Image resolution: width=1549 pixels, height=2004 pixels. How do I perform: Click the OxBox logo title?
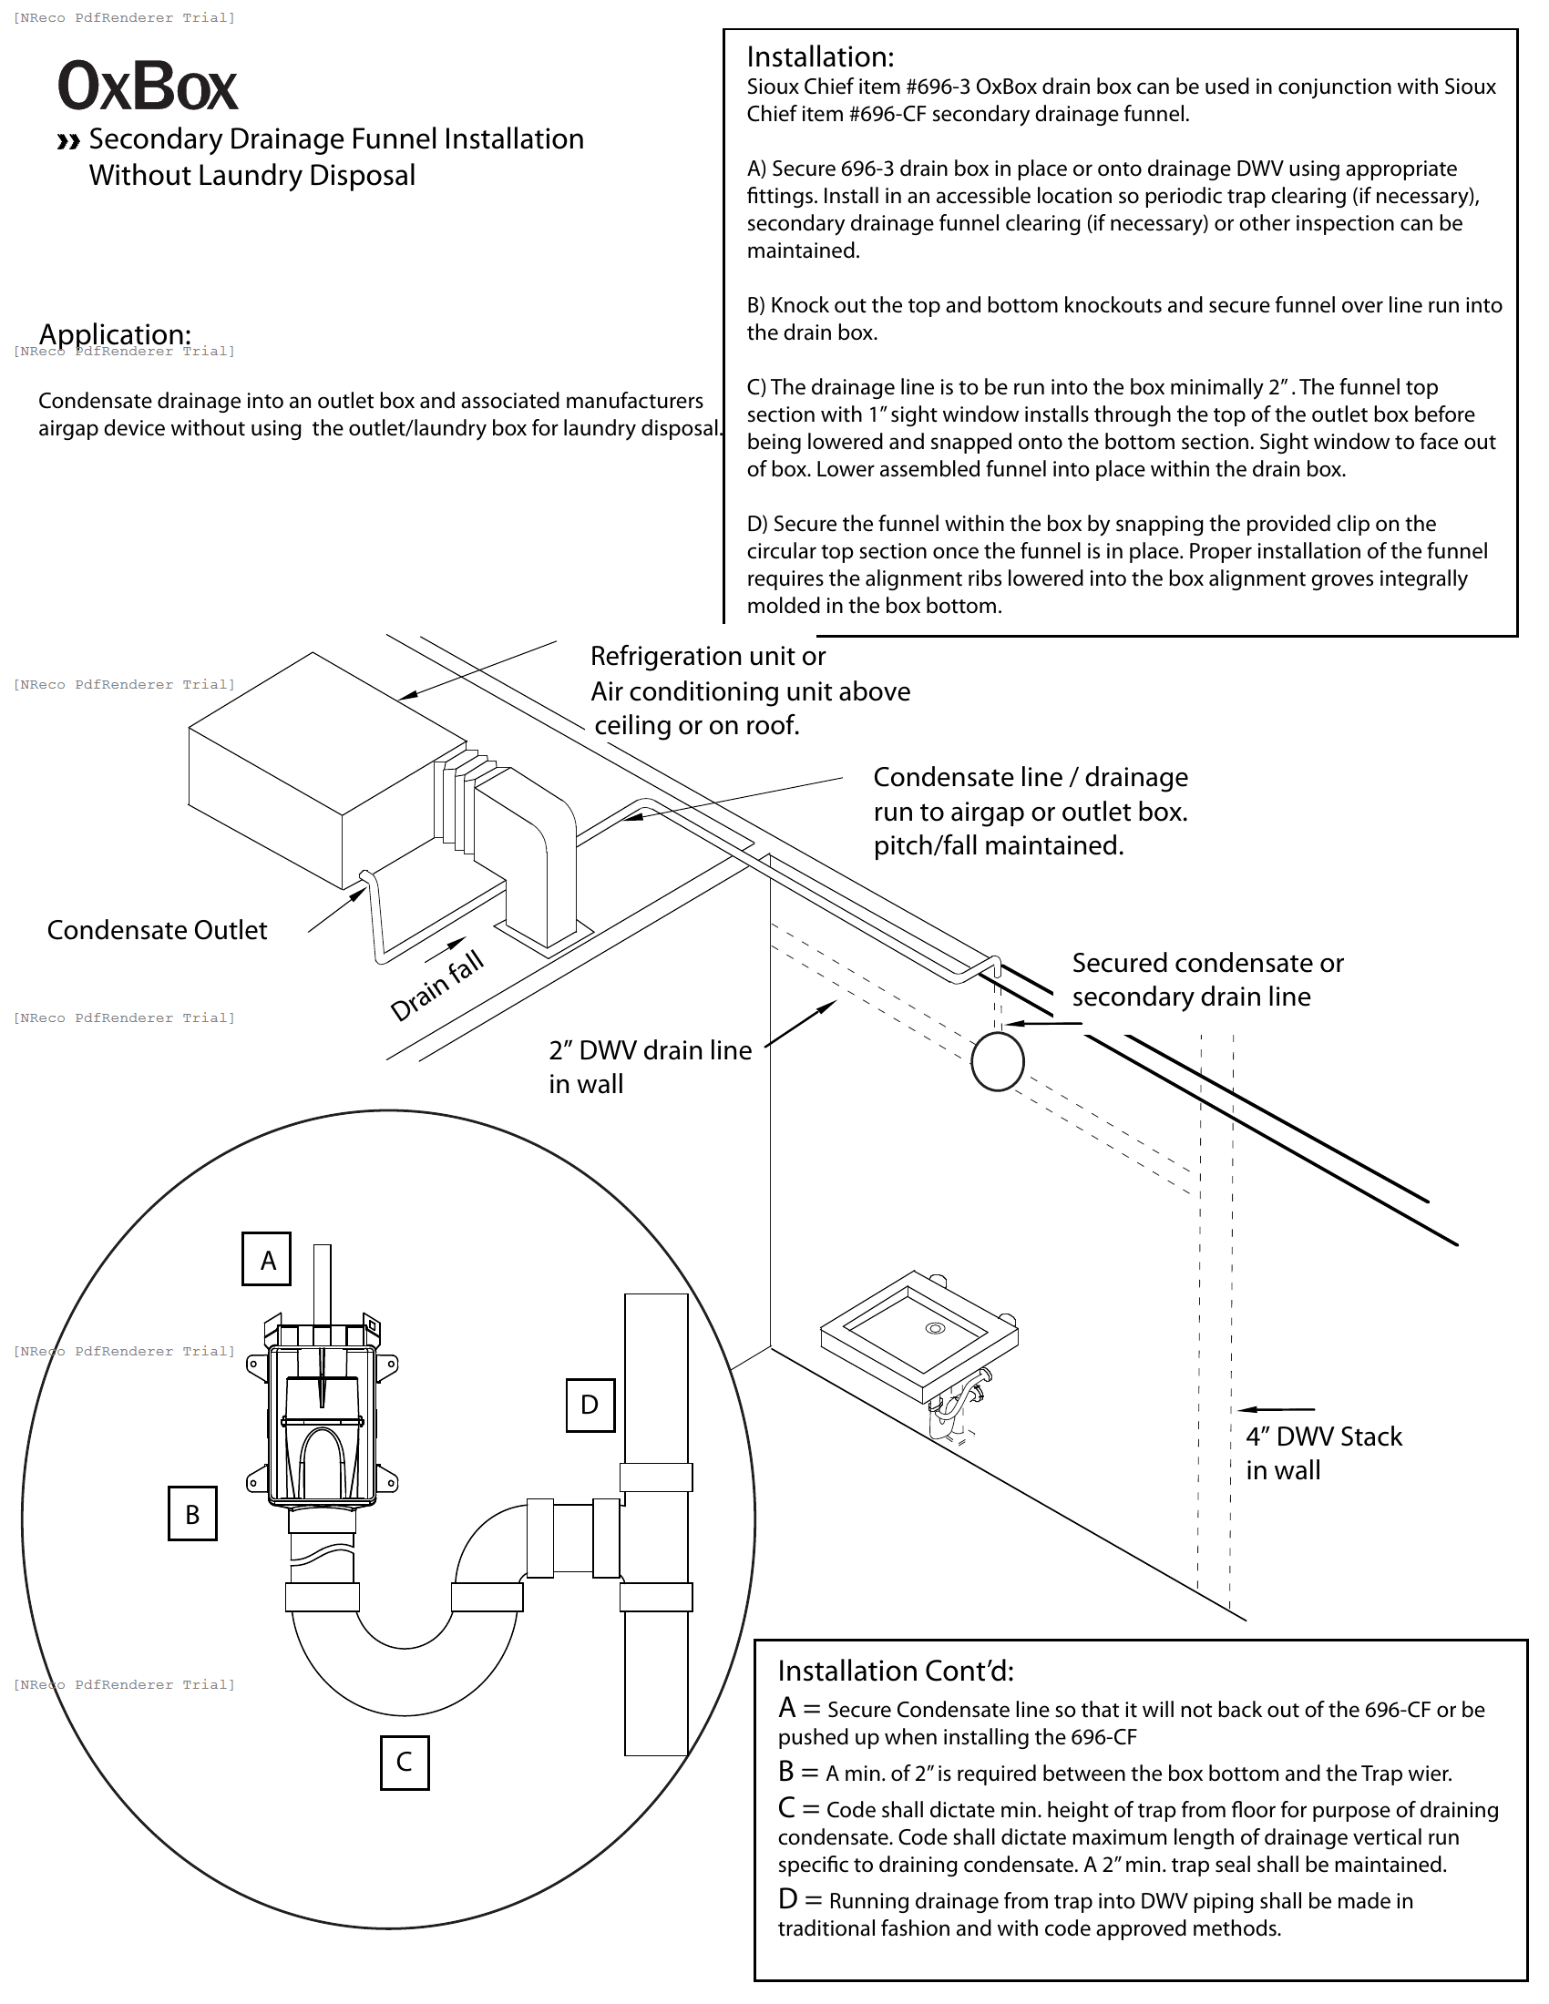coord(148,88)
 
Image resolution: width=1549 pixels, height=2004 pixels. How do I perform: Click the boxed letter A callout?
coord(267,1260)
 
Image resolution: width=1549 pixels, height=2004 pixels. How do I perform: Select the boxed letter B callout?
coord(192,1514)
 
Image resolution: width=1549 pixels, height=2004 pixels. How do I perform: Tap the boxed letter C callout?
coord(404,1762)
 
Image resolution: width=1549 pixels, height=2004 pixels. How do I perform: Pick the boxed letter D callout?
coord(590,1405)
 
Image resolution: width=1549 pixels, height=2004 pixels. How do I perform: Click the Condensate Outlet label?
coord(157,930)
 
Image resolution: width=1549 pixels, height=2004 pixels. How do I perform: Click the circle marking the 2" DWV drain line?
coord(998,1061)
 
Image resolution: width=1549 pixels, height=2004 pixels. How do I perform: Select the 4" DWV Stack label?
coord(1322,1453)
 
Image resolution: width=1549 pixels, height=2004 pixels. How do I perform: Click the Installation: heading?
coord(819,56)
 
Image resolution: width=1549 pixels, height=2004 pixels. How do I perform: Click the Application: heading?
coord(115,334)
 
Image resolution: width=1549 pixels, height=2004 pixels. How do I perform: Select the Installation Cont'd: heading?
coord(895,1671)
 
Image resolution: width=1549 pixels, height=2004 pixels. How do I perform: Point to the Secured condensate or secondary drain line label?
coord(1206,979)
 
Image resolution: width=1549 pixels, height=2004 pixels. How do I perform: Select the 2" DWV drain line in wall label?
coord(650,1067)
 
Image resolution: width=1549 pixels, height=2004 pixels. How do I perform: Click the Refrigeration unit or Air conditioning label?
coord(750,690)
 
